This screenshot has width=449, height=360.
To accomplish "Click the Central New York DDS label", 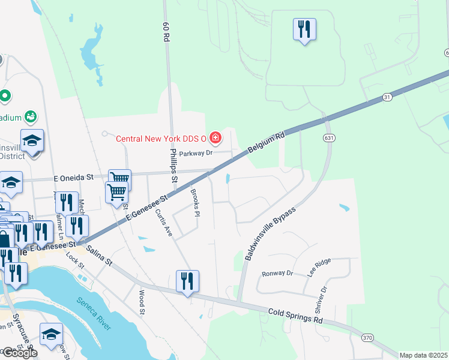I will pos(161,139).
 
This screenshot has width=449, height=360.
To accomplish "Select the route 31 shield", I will pos(386,97).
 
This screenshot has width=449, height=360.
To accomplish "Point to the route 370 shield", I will pos(367,338).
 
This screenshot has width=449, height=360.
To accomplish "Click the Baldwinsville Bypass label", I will pos(270,234).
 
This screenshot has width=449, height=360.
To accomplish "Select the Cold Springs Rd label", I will pos(295,316).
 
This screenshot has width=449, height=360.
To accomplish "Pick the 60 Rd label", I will pos(166,33).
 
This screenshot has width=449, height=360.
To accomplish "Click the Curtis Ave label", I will pos(163,223).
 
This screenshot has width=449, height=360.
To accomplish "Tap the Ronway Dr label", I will pos(277,273).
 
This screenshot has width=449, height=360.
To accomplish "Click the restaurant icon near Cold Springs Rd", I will pos(187,281).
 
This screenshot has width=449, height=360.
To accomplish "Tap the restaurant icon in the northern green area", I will pos(304,29).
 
